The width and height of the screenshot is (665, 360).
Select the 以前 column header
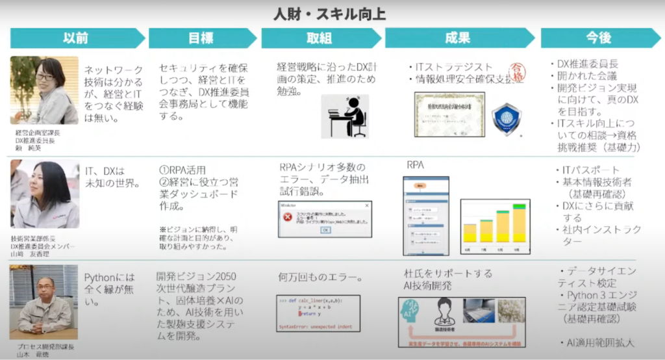click(x=76, y=38)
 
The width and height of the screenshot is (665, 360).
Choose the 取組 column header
click(x=318, y=38)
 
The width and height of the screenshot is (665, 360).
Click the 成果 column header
click(x=457, y=38)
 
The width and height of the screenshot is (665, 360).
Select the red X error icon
click(x=287, y=217)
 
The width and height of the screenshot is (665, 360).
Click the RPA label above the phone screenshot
click(x=416, y=165)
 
